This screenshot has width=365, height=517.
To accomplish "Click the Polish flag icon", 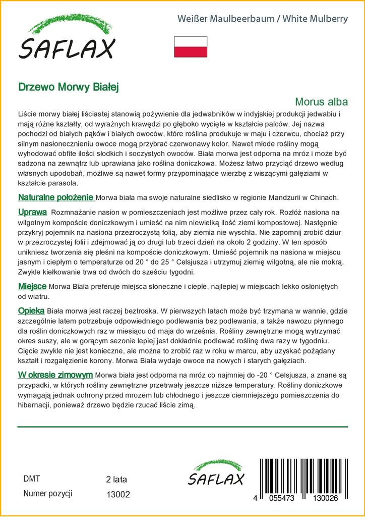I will click(x=191, y=46).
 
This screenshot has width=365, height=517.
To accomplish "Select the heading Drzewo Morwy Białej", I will click(x=68, y=86).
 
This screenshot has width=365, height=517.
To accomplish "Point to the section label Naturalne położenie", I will click(x=56, y=197).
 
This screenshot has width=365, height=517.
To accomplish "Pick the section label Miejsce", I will click(x=32, y=286).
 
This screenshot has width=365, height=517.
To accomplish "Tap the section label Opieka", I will click(x=31, y=311).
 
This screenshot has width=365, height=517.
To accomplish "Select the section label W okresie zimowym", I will click(x=55, y=375).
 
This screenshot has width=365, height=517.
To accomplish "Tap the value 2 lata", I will click(x=116, y=479).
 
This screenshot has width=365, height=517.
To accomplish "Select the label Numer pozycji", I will click(x=48, y=494).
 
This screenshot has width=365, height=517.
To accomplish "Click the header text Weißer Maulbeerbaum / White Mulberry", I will click(x=263, y=19).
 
